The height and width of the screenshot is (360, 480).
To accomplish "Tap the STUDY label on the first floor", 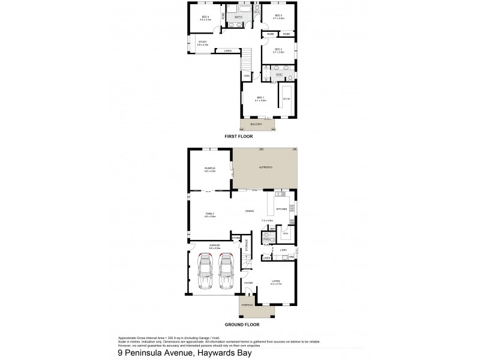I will (203, 42).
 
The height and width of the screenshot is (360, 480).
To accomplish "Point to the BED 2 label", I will (278, 50).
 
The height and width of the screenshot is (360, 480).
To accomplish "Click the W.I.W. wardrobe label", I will (286, 98).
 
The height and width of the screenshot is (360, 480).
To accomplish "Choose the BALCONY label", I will (256, 124).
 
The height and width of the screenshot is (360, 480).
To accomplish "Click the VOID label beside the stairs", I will (247, 76).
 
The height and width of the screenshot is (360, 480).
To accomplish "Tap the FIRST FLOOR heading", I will (238, 137).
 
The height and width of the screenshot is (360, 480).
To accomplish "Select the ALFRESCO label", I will (265, 167).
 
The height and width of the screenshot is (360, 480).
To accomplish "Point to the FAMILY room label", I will (210, 214).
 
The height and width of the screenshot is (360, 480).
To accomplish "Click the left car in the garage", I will (206, 271).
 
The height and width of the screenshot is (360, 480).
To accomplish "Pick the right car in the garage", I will (227, 271).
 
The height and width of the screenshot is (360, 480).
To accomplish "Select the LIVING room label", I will (276, 281).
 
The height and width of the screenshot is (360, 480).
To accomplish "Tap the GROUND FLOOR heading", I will (242, 324).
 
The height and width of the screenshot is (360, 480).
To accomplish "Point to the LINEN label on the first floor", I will (228, 51).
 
